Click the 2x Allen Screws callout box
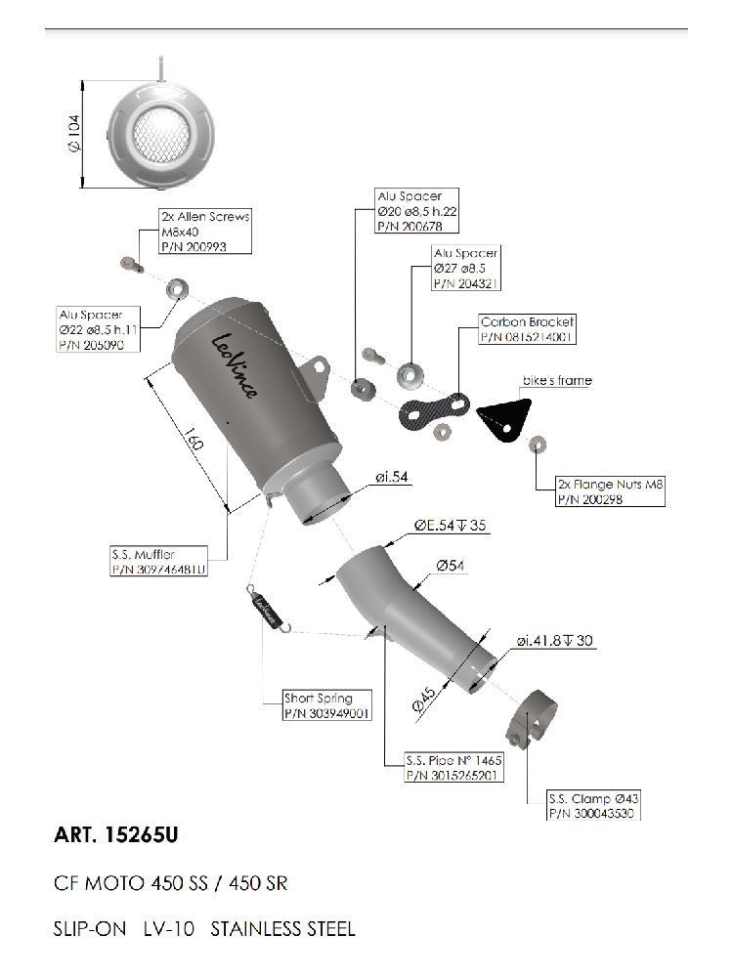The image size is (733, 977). click(204, 232)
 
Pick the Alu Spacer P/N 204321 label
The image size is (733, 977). click(465, 268)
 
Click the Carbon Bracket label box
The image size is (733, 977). click(527, 328)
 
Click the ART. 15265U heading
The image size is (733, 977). click(116, 836)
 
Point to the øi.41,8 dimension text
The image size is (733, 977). click(555, 641)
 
